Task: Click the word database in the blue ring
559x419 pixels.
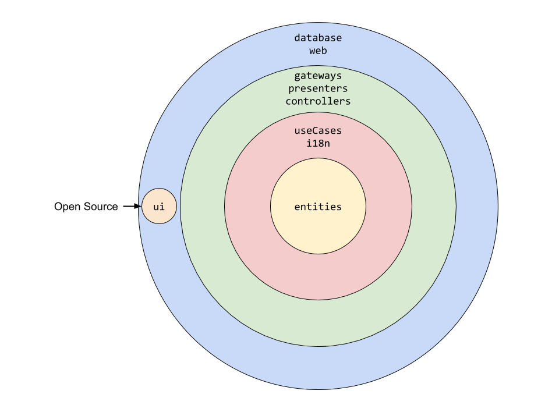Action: coord(318,38)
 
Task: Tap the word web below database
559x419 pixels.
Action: coord(318,51)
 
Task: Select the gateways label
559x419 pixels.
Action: coord(318,76)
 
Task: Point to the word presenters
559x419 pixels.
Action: coord(318,88)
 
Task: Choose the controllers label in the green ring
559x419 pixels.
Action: coord(318,101)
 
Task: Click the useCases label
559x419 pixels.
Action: coord(318,131)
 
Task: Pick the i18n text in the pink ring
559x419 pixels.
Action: coord(318,143)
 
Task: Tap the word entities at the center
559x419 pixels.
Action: coord(318,207)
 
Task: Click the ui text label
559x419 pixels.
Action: coord(159,207)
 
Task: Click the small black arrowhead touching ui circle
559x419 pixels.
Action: coord(140,206)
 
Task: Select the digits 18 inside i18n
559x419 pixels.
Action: coord(318,143)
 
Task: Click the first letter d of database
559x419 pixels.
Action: coord(297,38)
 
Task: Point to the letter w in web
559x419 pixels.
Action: coord(312,51)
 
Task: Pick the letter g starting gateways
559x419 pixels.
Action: coord(297,76)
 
